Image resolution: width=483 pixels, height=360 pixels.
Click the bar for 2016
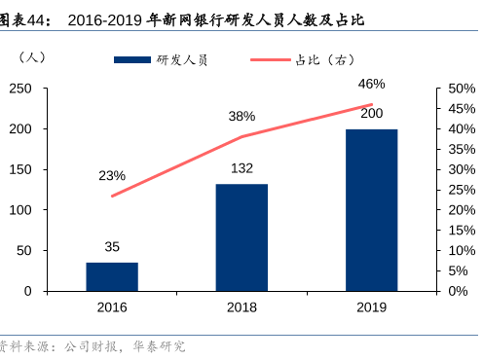click(x=112, y=276)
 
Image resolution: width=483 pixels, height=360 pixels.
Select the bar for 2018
click(x=241, y=237)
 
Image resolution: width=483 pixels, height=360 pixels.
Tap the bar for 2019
click(x=371, y=209)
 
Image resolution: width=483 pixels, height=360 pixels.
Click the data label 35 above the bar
click(x=112, y=247)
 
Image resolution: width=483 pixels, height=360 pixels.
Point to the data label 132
click(x=241, y=168)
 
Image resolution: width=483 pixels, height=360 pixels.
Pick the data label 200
click(x=371, y=113)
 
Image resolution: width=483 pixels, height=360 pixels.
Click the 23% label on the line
click(x=112, y=175)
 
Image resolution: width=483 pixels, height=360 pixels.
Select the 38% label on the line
click(x=241, y=116)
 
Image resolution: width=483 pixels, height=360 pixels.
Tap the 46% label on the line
click(x=371, y=84)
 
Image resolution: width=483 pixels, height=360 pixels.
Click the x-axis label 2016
click(x=112, y=306)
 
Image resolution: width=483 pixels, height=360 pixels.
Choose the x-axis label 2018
click(x=241, y=306)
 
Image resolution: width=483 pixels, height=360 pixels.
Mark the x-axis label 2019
click(x=371, y=306)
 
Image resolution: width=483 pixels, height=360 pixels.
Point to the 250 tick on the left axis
click(x=46, y=89)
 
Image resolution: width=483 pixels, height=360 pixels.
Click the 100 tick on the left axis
click(x=46, y=210)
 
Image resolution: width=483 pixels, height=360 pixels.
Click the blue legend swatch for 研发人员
click(x=132, y=60)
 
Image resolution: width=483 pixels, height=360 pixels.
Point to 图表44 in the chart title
click(x=24, y=18)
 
